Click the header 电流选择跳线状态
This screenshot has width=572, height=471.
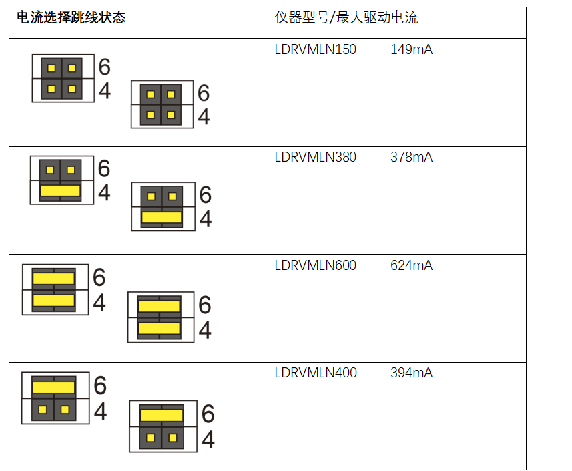click(71, 18)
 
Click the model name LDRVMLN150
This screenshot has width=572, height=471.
click(315, 49)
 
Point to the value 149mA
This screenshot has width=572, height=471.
click(411, 49)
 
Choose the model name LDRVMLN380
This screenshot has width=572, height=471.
click(315, 157)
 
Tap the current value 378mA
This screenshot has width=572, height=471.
click(411, 157)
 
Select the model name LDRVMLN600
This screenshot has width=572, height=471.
click(315, 265)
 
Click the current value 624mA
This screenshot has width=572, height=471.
click(411, 265)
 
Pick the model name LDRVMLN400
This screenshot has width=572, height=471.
click(315, 373)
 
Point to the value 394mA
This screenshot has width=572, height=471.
click(411, 373)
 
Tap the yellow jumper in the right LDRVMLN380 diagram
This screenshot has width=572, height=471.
click(162, 217)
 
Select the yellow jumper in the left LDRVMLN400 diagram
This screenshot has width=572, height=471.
click(53, 387)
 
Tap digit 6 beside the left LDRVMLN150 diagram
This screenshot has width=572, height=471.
click(104, 67)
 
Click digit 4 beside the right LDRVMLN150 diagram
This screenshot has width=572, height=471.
click(204, 117)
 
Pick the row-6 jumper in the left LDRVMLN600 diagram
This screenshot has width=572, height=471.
click(53, 278)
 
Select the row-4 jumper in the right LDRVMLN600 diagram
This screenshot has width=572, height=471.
click(159, 329)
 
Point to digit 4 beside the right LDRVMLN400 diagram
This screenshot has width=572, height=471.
click(208, 440)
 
